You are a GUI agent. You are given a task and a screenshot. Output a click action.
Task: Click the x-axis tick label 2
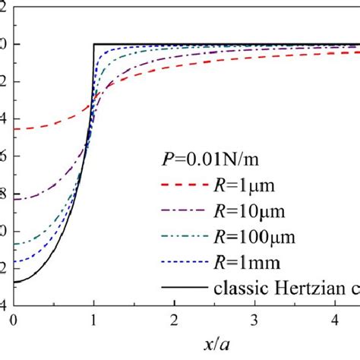pyautogui.click(x=175, y=321)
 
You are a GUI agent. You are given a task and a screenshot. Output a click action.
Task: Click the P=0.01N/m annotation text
pyautogui.click(x=213, y=159)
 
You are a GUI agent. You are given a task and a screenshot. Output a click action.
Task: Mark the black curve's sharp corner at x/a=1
pyautogui.click(x=94, y=44)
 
